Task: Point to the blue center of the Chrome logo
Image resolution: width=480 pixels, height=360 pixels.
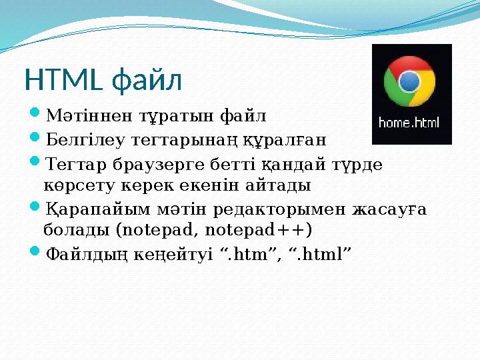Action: coord(409,81)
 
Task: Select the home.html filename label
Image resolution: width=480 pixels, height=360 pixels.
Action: coord(409,123)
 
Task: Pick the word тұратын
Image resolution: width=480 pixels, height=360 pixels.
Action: coord(151,117)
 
